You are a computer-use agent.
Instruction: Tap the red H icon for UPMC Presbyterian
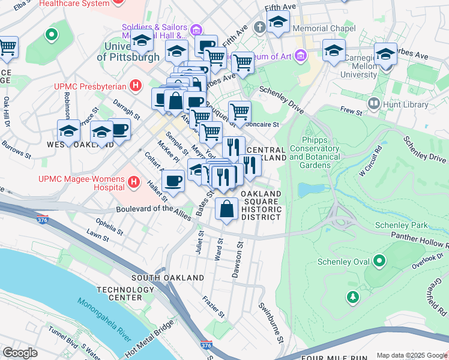pyautogui.click(x=136, y=86)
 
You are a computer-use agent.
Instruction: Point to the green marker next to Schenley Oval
pyautogui.click(x=379, y=261)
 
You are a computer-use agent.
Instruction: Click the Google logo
pyautogui.click(x=20, y=353)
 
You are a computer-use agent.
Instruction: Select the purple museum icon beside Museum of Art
pyautogui.click(x=301, y=56)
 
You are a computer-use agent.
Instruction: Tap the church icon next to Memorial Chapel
pyautogui.click(x=259, y=28)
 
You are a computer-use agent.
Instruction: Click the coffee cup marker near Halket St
pyautogui.click(x=173, y=181)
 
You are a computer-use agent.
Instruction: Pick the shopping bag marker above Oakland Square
pyautogui.click(x=226, y=211)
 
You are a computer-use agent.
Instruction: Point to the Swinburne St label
pyautogui.click(x=271, y=323)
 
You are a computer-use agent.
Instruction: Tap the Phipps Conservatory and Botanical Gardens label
pyautogui.click(x=315, y=157)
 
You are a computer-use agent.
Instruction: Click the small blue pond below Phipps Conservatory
pyautogui.click(x=309, y=190)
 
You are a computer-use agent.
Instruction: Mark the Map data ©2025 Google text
pyautogui.click(x=411, y=355)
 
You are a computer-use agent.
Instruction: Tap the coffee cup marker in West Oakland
pyautogui.click(x=119, y=130)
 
